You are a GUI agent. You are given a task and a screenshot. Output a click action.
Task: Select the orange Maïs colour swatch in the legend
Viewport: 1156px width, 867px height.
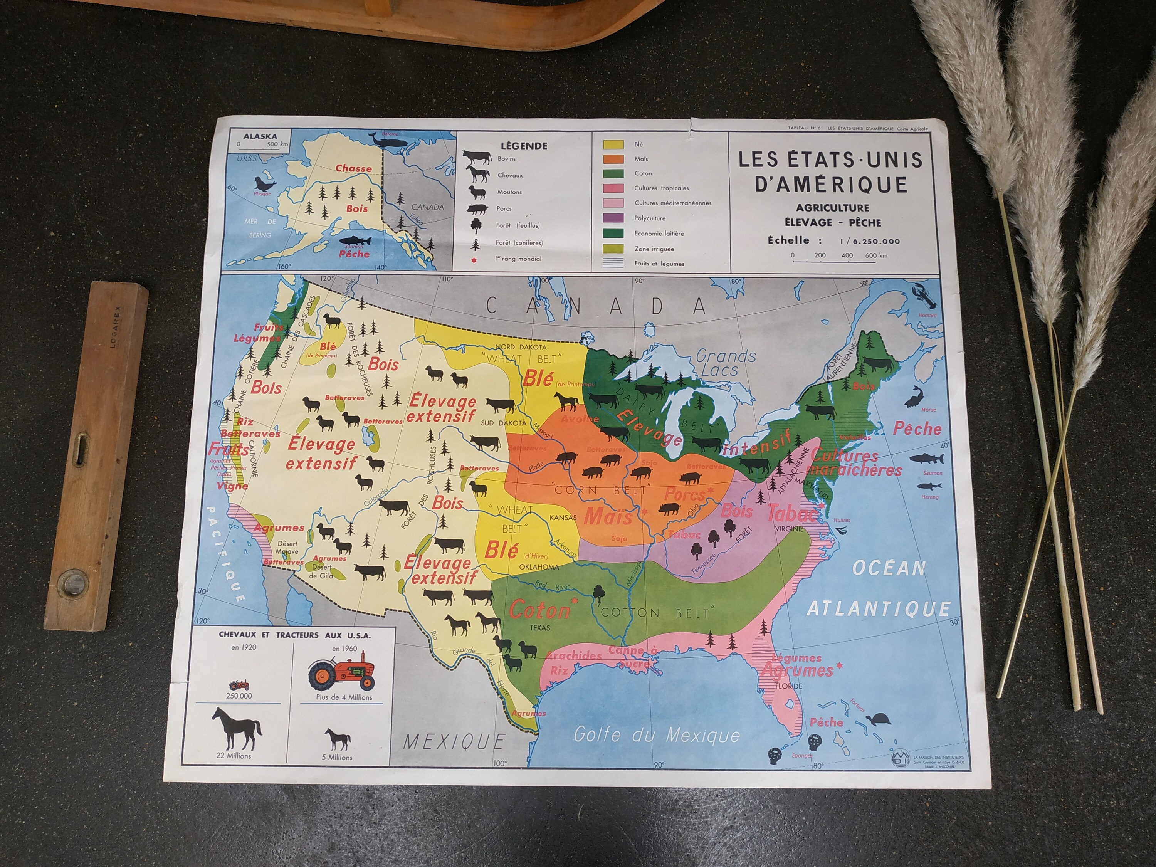tap(613, 159)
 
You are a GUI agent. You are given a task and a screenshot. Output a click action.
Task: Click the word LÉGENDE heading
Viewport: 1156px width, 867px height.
tap(524, 146)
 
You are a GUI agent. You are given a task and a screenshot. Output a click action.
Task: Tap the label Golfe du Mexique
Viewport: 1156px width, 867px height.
tap(656, 735)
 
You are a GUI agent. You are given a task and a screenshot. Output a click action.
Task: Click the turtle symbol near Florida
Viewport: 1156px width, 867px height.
tap(879, 720)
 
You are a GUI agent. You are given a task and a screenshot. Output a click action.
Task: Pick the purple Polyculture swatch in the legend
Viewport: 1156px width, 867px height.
tap(613, 218)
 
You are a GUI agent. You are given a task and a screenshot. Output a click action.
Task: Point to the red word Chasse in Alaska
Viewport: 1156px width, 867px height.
tap(354, 168)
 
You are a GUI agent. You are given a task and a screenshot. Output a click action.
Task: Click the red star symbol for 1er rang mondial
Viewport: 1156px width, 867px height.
tap(474, 259)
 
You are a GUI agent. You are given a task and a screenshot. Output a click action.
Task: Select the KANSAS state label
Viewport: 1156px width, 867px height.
tap(563, 518)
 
